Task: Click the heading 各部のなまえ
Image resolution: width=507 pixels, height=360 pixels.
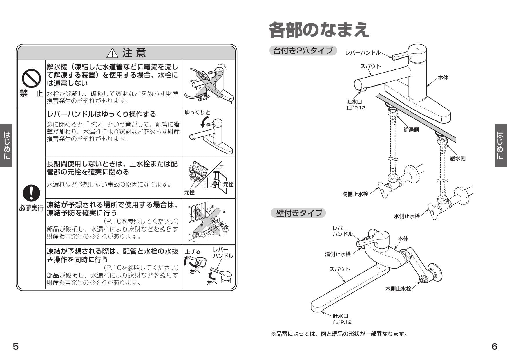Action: tap(319, 30)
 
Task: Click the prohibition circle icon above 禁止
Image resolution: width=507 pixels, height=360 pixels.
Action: tap(31, 78)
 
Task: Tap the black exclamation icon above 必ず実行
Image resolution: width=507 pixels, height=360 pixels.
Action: tap(31, 193)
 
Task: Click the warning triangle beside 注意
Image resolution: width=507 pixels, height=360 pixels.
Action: tap(112, 53)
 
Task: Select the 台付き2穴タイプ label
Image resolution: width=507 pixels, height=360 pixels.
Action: tap(303, 51)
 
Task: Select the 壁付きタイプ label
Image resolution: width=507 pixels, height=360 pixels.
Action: tap(299, 213)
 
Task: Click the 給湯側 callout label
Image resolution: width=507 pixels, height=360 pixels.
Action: tap(411, 130)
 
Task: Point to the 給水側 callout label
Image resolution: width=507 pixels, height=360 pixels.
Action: tap(458, 158)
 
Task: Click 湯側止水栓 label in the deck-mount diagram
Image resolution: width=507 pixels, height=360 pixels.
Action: tap(355, 194)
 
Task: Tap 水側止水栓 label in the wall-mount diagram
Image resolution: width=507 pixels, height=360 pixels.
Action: tap(398, 289)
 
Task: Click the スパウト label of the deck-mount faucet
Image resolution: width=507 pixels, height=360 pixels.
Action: tap(370, 66)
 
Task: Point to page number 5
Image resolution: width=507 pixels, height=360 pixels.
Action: tap(16, 347)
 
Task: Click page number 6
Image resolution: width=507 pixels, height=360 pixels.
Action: tap(495, 347)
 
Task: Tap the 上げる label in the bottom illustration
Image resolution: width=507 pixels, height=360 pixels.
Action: tap(193, 252)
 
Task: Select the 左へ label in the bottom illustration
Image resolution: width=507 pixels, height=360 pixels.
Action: tap(212, 283)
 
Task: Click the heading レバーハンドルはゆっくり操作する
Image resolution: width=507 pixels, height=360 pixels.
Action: tap(102, 114)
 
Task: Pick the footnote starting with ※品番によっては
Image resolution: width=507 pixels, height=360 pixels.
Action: tap(339, 334)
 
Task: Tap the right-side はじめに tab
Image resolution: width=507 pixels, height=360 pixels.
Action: tap(500, 145)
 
